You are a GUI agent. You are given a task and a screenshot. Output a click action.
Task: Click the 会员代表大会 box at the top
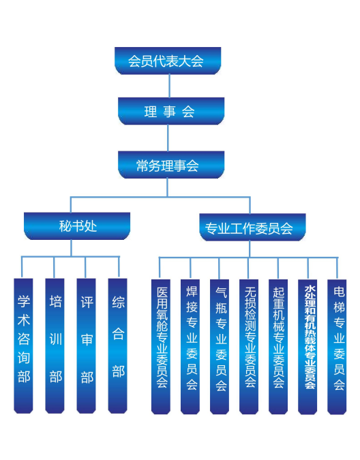coord(168,61)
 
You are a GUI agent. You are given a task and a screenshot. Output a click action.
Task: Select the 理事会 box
coord(171,111)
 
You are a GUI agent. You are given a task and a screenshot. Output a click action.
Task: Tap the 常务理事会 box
coord(171,165)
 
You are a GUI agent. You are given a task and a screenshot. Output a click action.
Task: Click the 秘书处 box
coord(77,226)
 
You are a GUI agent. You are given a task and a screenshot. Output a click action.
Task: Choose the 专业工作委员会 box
coord(252,228)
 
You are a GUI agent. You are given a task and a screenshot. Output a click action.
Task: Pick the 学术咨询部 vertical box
coord(23,346)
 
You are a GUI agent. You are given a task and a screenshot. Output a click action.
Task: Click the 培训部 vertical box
coord(55,346)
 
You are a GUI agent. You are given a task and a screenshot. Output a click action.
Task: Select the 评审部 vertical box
coord(87,346)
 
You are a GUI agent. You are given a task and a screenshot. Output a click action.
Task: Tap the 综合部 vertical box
coord(118,346)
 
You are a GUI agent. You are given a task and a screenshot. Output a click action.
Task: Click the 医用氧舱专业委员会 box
coord(161,347)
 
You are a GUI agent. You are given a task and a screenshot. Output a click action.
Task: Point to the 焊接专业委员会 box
coord(190,347)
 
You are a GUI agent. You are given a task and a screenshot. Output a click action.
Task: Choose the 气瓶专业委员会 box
coord(220,347)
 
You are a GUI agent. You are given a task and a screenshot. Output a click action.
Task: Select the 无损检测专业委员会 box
coord(249,347)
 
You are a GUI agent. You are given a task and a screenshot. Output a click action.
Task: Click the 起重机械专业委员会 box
coord(278,347)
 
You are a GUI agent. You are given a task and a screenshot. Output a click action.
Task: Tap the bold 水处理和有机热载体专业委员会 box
coord(307,347)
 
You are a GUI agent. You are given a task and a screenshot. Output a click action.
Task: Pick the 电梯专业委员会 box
coord(337,347)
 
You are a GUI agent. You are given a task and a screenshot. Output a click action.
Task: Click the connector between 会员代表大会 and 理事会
coord(169,86)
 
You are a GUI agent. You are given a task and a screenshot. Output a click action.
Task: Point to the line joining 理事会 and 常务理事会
coord(168,138)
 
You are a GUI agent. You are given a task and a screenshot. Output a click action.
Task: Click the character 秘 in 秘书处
coord(65,226)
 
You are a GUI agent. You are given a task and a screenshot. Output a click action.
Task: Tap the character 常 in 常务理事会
coord(142,166)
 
